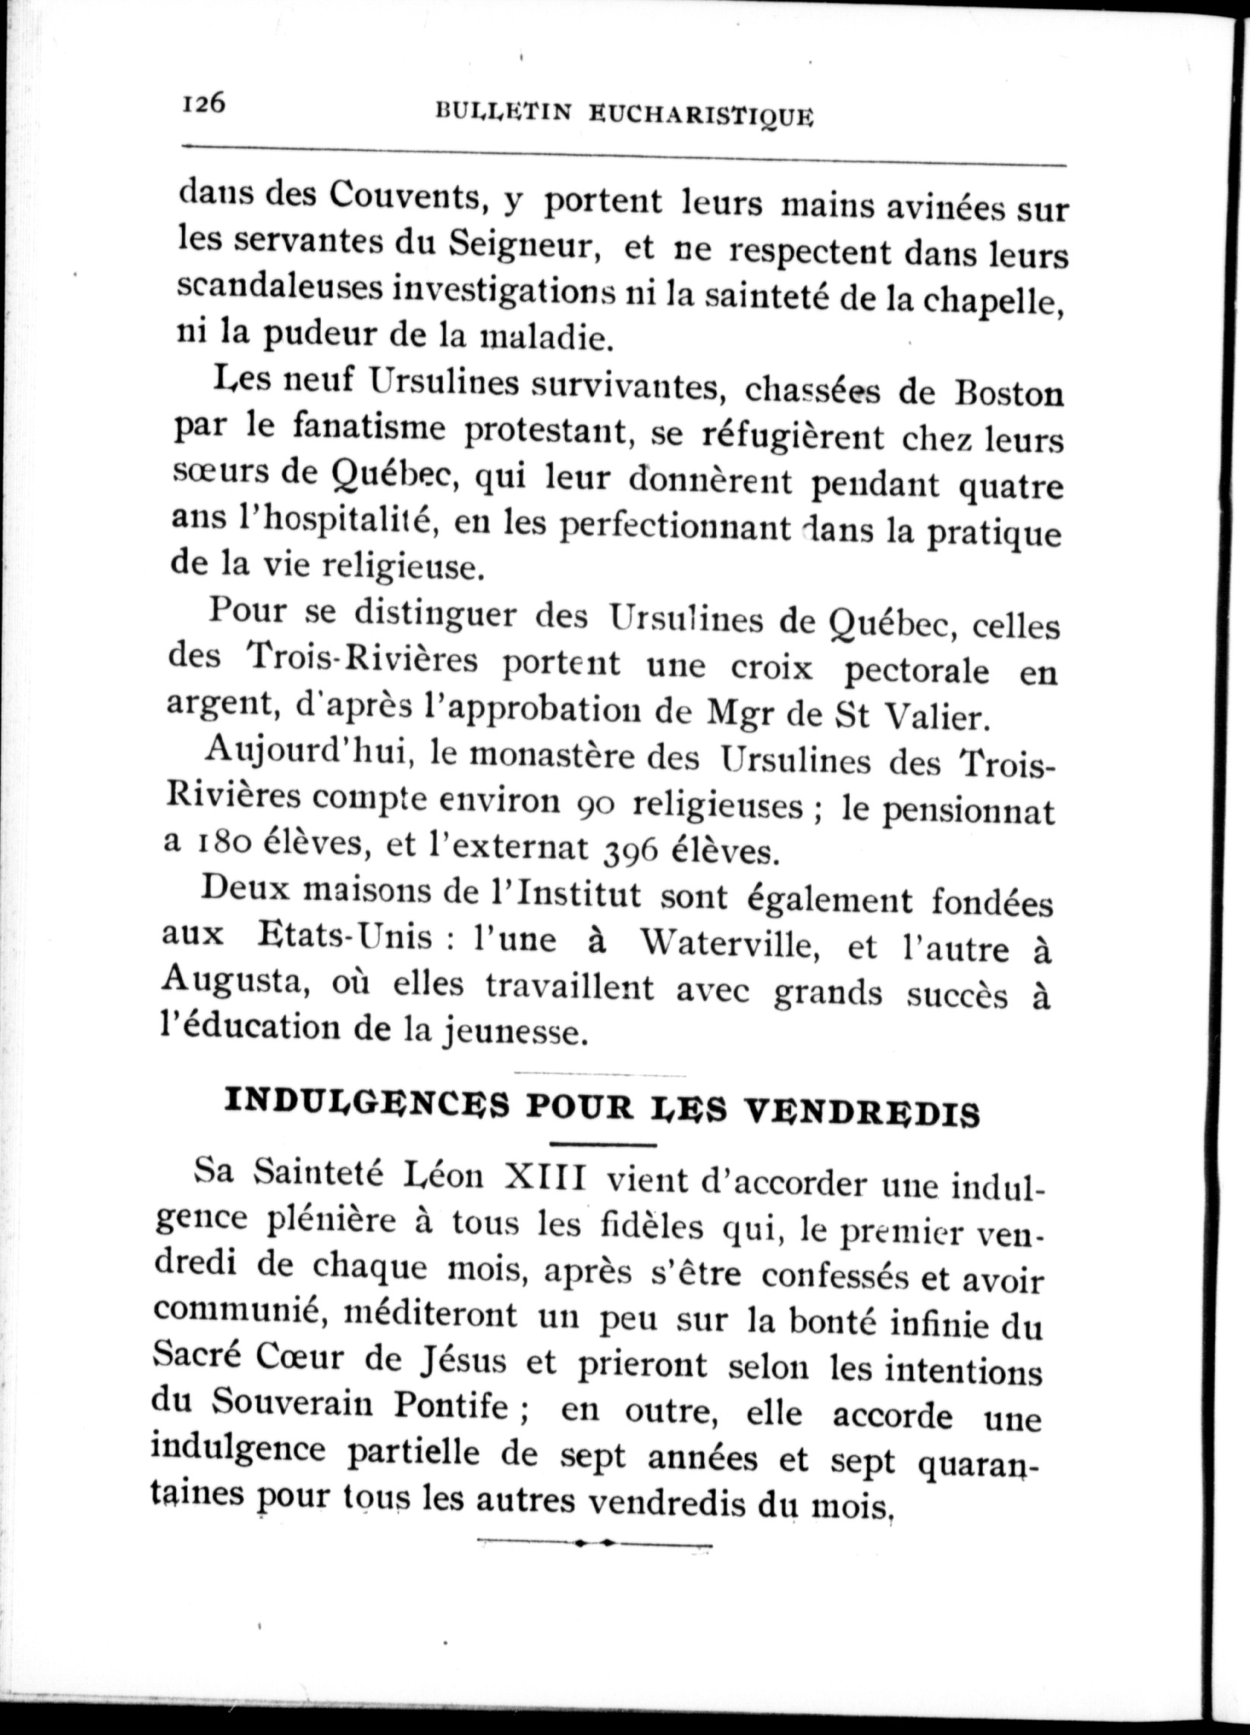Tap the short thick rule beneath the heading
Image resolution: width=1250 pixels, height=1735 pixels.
603,1144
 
